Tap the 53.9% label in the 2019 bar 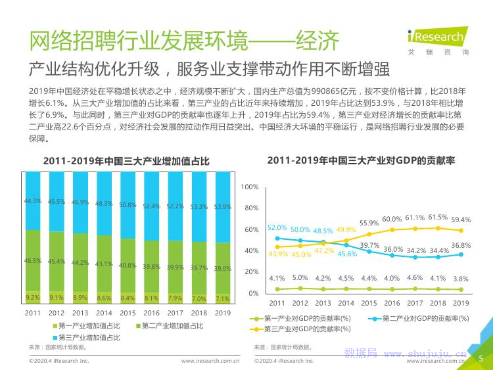click(222, 207)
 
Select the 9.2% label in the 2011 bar click(32, 297)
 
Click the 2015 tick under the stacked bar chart click(128, 313)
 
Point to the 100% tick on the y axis click(249, 187)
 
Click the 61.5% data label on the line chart click(438, 217)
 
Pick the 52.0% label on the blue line click(277, 227)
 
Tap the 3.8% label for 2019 click(461, 278)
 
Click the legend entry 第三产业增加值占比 click(89, 337)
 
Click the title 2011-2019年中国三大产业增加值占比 click(126, 160)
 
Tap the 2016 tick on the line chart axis click(392, 303)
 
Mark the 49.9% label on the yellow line click(346, 229)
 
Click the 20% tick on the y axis click(251, 272)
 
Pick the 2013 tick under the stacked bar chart click(80, 313)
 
